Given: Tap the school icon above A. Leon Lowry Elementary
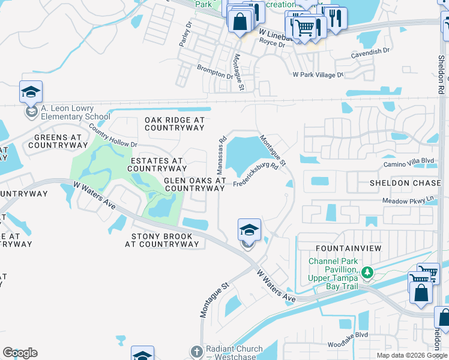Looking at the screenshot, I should pyautogui.click(x=31, y=92).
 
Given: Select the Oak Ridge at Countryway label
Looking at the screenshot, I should pyautogui.click(x=175, y=124).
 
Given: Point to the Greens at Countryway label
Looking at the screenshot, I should pyautogui.click(x=54, y=141).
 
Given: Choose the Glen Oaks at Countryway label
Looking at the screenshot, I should pyautogui.click(x=194, y=184).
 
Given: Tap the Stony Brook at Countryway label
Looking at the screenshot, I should pyautogui.click(x=161, y=240).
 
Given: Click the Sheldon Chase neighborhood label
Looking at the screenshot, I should pyautogui.click(x=405, y=183).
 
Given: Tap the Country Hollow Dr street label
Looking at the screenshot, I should pyautogui.click(x=113, y=136).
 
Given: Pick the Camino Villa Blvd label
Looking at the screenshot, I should pyautogui.click(x=408, y=161).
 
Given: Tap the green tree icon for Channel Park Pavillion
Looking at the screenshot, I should pyautogui.click(x=367, y=274).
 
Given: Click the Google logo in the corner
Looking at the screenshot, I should pyautogui.click(x=20, y=353).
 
